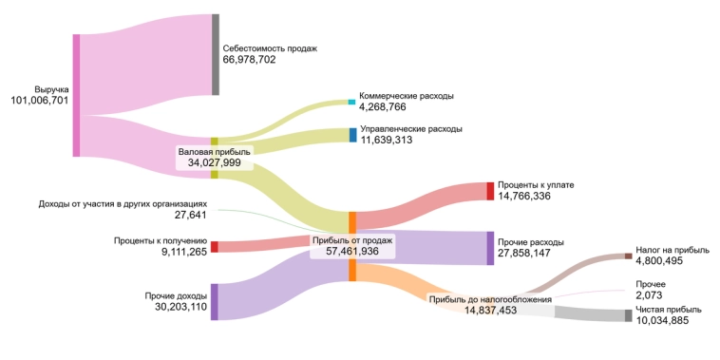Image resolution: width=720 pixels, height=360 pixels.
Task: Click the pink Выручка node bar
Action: point(76,95)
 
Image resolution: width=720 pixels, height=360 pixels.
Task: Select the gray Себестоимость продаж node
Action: point(215,54)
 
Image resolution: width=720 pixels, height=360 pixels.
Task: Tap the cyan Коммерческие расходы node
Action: point(351,102)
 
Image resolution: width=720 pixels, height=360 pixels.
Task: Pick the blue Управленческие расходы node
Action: point(352,135)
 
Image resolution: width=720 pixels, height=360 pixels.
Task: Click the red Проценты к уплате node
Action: point(490,191)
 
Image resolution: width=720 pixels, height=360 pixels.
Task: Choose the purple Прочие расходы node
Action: point(490,248)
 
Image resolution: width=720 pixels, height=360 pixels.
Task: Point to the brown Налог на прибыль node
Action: point(628,256)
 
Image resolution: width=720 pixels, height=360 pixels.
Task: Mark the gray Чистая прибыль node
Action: point(628,315)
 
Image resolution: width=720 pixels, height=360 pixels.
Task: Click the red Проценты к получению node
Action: point(214,247)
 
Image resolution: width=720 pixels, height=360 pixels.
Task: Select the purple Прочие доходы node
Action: point(214,301)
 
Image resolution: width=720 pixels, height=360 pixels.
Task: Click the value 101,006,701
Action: point(39,101)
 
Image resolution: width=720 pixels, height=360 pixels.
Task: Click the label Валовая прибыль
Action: point(214,152)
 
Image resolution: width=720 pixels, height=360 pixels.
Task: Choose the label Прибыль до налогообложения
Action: point(490,299)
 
